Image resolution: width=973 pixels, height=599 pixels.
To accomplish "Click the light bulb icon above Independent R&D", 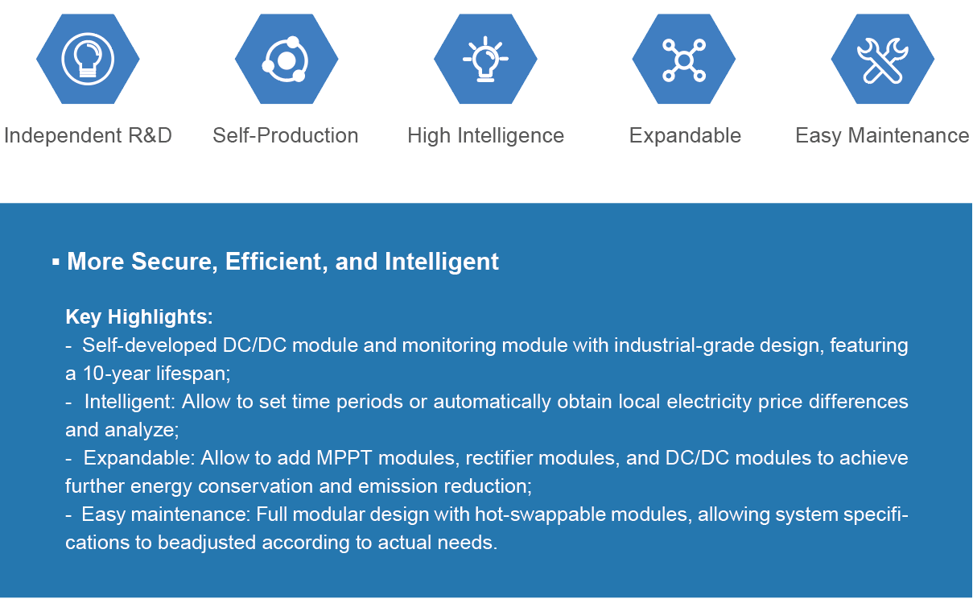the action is (x=88, y=59).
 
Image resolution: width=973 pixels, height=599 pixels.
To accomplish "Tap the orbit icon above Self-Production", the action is (x=286, y=60).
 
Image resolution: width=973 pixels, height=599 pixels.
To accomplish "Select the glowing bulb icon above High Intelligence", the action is (x=485, y=59).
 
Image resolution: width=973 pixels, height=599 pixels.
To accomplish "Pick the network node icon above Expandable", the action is (x=684, y=60).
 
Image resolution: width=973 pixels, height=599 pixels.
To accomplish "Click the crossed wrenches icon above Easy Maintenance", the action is (x=882, y=60).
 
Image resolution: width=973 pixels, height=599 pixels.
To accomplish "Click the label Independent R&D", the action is (x=88, y=135).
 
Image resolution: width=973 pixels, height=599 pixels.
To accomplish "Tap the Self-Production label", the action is (x=286, y=135).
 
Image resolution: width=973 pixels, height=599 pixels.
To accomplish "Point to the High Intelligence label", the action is (x=485, y=135).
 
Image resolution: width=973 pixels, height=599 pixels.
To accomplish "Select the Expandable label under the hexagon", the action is (x=685, y=135).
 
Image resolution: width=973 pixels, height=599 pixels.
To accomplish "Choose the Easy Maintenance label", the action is (x=882, y=135).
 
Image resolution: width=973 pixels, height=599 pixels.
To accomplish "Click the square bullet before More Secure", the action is (x=56, y=262).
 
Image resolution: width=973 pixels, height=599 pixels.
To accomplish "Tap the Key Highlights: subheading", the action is (x=139, y=316).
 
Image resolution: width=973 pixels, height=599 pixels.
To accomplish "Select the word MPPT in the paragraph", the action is (x=344, y=458).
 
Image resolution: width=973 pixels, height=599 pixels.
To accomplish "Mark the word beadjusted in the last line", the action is (x=207, y=543).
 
